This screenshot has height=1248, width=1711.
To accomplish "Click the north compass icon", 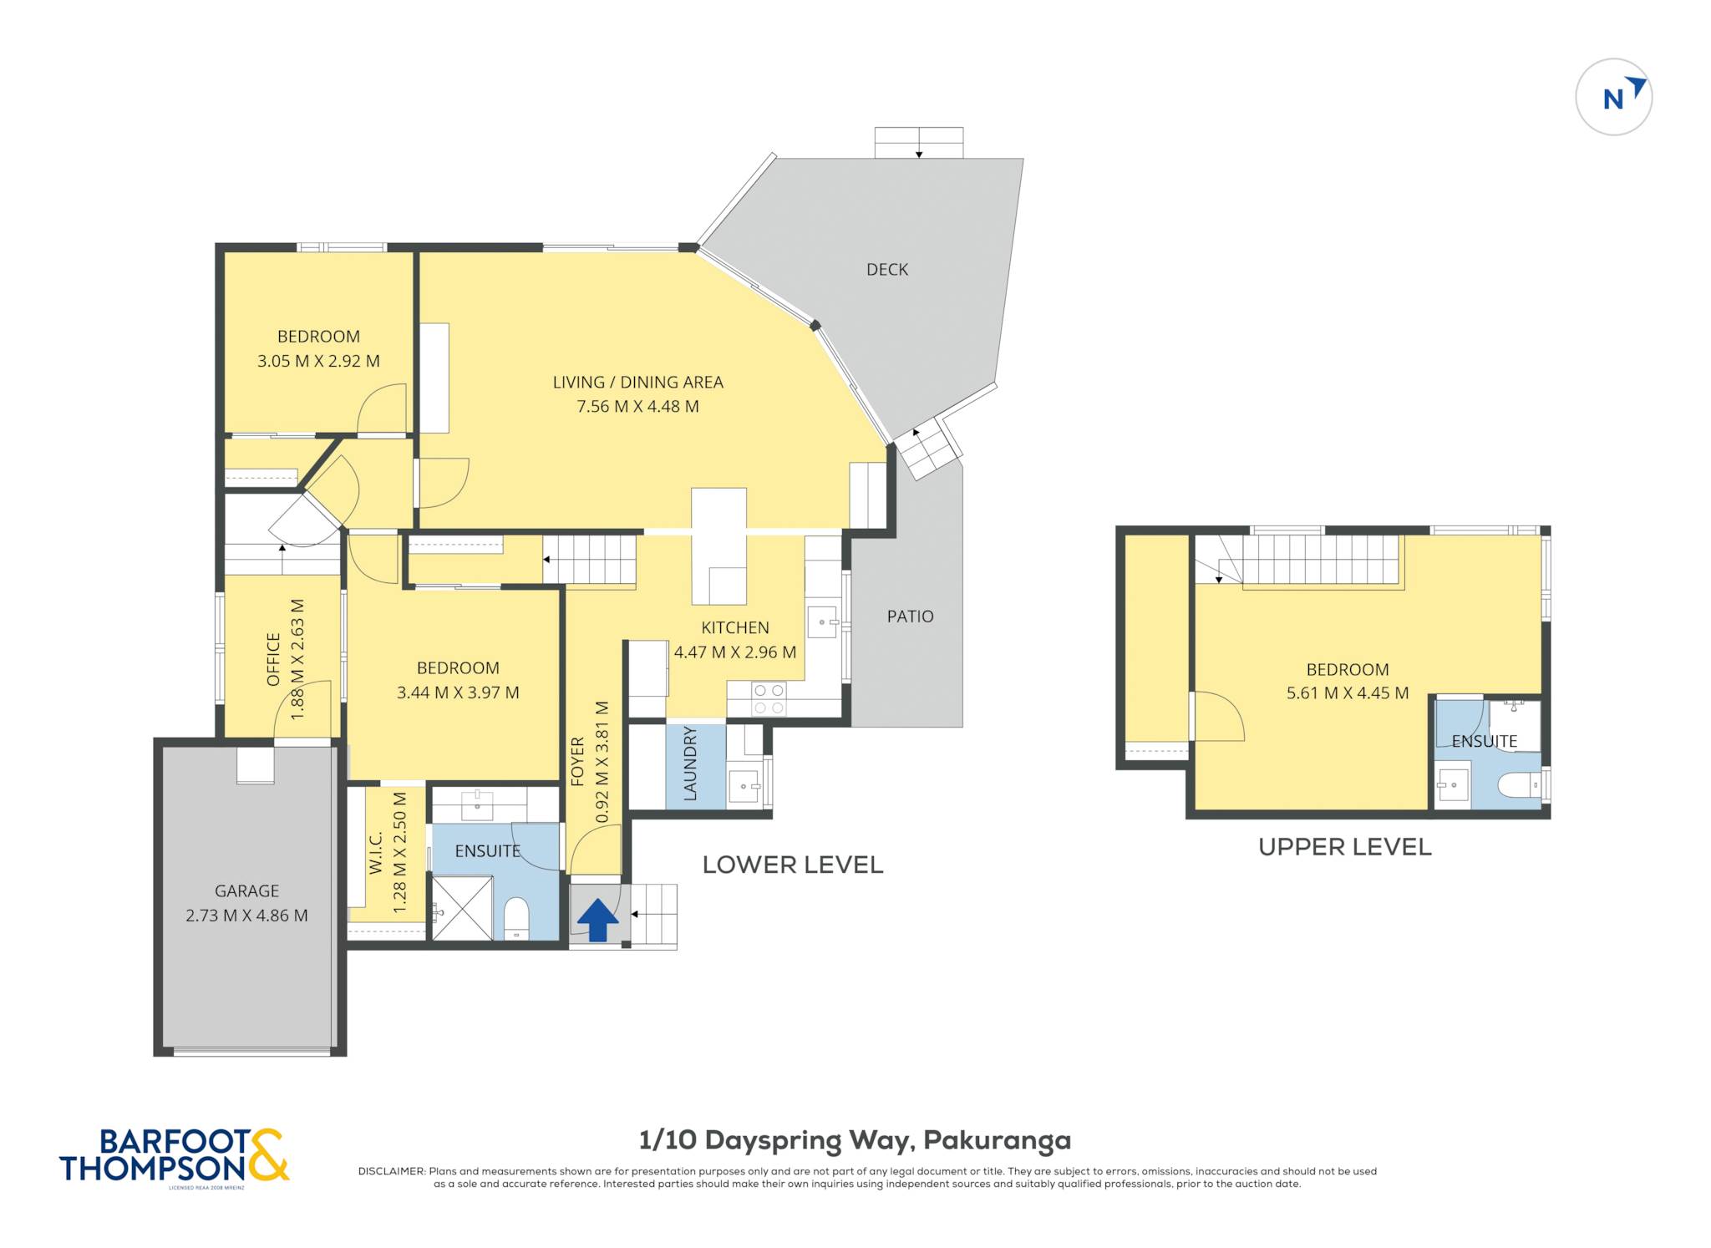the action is coord(1613,97).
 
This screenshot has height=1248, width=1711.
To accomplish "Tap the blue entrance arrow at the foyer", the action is coord(598,920).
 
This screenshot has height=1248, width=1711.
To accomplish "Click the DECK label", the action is coord(887,269).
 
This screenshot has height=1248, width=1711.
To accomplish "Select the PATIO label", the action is coord(910,616).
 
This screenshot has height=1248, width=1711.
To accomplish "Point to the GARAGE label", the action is coord(246,890).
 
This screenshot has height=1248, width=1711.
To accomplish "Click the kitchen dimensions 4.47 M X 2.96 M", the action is coord(735,652).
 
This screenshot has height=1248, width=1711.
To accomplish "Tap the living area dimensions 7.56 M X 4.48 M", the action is coord(637,407).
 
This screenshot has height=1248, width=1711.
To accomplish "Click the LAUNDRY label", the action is coord(690,764).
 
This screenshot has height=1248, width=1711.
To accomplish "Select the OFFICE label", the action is coord(273,660).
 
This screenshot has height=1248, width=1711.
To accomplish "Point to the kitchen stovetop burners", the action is coord(769,699).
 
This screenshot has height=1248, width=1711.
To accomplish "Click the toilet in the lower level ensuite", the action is coord(516,918).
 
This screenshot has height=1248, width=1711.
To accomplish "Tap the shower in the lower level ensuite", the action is coord(462,908).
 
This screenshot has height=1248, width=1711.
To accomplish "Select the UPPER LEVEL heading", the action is coord(1345,847).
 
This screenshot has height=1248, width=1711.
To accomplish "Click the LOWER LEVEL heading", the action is coord(793,865).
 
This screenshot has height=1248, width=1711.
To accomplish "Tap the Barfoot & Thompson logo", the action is coord(175,1157).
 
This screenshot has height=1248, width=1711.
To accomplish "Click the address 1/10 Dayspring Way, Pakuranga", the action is coord(855,1140).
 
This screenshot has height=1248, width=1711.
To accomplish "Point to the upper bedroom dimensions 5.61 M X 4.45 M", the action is coord(1348,693).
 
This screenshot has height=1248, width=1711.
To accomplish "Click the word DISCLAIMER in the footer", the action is coord(392,1171).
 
